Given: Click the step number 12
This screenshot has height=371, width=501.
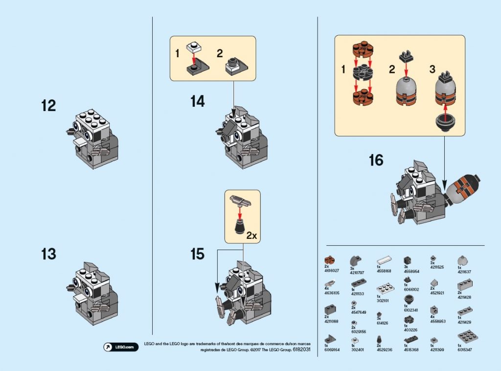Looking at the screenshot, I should (48, 106).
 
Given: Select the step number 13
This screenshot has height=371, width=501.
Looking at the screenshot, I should (48, 255).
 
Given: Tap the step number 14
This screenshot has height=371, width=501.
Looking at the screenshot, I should (197, 102).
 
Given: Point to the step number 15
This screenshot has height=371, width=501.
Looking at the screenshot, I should (197, 255).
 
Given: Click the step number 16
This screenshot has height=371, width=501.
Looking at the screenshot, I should (376, 161).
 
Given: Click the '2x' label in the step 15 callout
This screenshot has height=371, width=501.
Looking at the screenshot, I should (251, 235).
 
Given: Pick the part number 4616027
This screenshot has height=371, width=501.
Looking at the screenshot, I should (331, 271).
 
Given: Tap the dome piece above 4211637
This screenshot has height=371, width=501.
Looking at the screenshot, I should (461, 260).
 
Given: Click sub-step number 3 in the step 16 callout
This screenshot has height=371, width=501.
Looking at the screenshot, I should (432, 70).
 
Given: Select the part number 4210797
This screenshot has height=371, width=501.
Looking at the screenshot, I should (357, 271).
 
